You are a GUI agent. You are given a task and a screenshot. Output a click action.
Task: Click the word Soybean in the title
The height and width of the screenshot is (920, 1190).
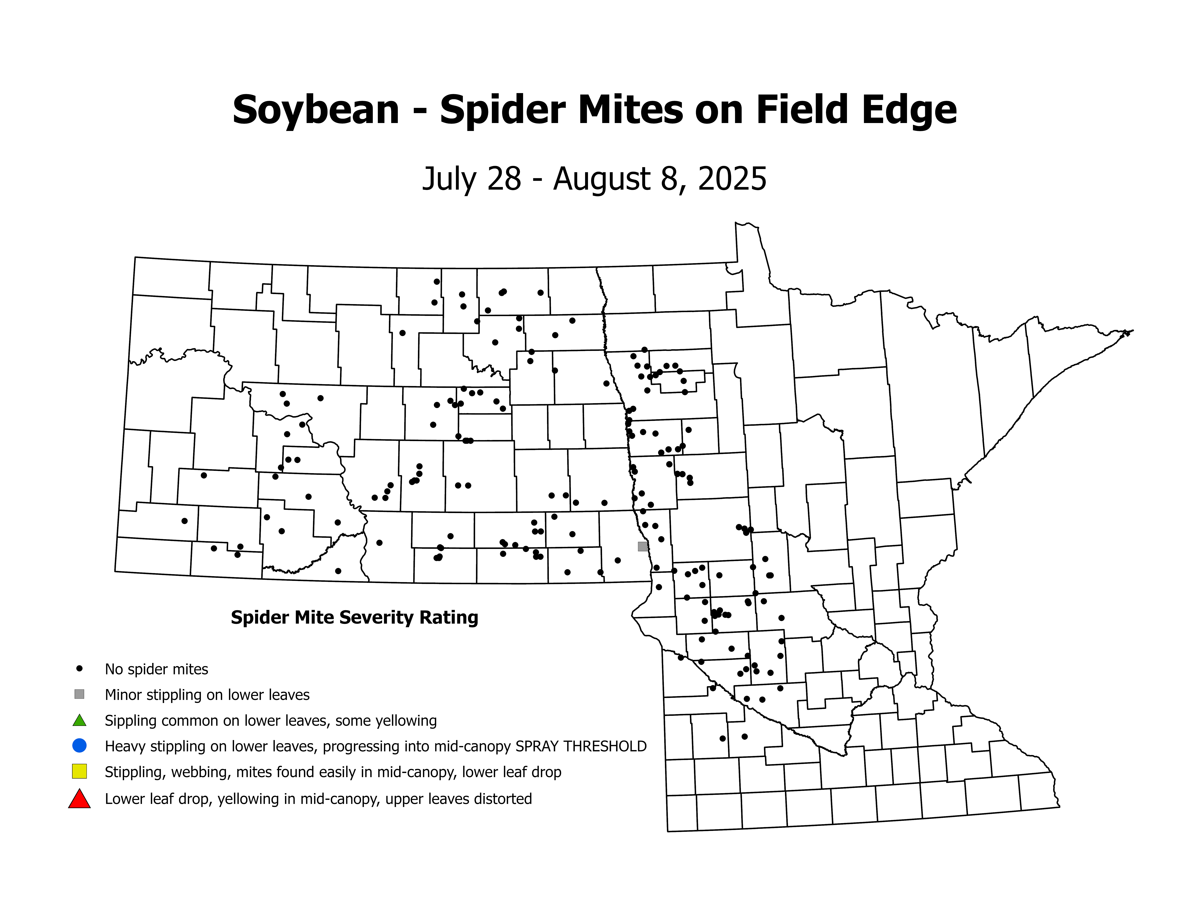[316, 110]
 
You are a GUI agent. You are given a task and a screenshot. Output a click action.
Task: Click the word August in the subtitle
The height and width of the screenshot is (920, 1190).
[594, 179]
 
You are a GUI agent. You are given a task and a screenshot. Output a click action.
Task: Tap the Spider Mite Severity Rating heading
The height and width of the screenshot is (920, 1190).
[354, 617]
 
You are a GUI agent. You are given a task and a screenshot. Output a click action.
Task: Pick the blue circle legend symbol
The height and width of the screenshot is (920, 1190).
[80, 745]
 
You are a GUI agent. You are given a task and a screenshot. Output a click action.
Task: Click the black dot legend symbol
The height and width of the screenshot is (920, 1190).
[80, 668]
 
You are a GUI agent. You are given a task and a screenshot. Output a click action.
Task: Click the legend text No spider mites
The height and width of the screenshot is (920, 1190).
[156, 669]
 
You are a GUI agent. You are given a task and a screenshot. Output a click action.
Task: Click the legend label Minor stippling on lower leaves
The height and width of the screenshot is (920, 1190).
[207, 695]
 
